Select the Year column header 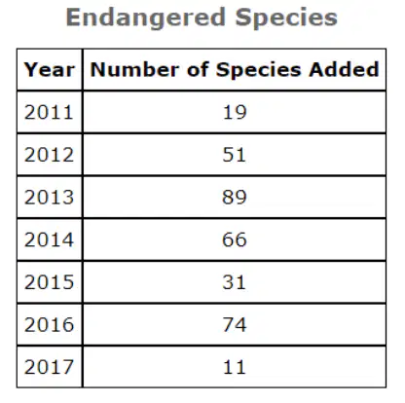(50, 70)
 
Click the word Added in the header (344, 69)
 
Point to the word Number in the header (134, 69)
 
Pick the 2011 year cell (49, 112)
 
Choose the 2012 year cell (49, 155)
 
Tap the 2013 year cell (49, 198)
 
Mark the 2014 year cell (49, 239)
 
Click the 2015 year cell (49, 282)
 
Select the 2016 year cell (49, 325)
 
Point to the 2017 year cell (49, 367)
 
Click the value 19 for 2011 (235, 112)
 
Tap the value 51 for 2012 (234, 155)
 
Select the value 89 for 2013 (235, 198)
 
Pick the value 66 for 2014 (235, 239)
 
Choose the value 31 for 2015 (234, 282)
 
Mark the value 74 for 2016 (235, 325)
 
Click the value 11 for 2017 (234, 367)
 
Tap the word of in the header (198, 69)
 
